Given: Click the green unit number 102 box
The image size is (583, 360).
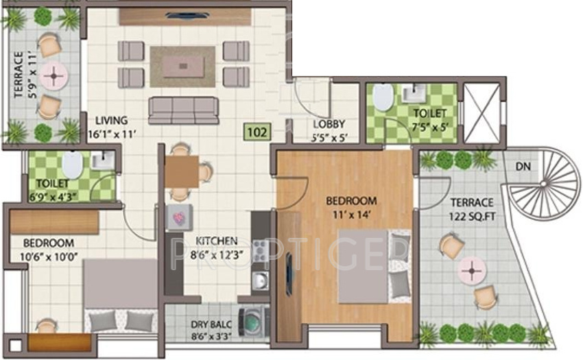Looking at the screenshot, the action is [x=257, y=132].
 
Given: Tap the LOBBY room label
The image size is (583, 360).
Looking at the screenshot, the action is [x=329, y=124].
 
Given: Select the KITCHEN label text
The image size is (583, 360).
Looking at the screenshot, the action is [x=217, y=241].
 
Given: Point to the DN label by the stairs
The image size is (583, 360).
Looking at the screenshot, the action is [x=523, y=166].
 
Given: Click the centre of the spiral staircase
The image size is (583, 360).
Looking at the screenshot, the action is [x=544, y=184].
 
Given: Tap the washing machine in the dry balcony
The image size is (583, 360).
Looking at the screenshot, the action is [x=254, y=322].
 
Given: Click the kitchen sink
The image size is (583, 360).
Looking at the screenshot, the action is [x=260, y=280].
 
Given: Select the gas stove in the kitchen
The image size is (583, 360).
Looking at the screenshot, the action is [x=260, y=250].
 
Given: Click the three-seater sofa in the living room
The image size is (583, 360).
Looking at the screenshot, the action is [x=183, y=110].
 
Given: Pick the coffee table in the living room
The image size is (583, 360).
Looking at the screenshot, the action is [x=183, y=67].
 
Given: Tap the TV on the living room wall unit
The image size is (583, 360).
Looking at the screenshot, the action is [x=185, y=16].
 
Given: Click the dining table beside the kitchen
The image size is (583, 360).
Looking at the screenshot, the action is [x=182, y=171].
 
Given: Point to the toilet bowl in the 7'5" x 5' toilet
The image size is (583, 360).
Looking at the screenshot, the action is [x=383, y=97].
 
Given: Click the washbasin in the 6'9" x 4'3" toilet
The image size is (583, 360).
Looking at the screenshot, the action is [x=103, y=160].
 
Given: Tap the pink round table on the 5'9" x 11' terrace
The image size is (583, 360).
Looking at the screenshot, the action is [x=54, y=76].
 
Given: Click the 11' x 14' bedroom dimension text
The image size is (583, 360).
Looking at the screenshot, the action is [x=351, y=215].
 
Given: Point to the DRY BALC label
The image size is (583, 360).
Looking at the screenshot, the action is [x=211, y=324].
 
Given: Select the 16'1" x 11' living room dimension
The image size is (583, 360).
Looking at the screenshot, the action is [x=112, y=134].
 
